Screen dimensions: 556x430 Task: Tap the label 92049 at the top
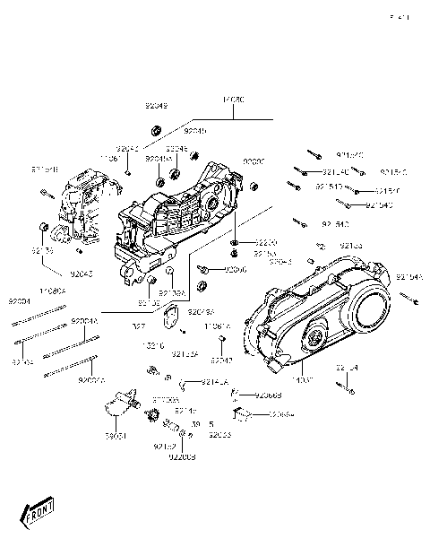click(x=156, y=106)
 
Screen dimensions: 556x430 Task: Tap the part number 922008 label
click(x=180, y=457)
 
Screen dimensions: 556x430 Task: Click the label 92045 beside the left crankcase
click(x=82, y=274)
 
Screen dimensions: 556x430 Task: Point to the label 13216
click(x=151, y=343)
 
